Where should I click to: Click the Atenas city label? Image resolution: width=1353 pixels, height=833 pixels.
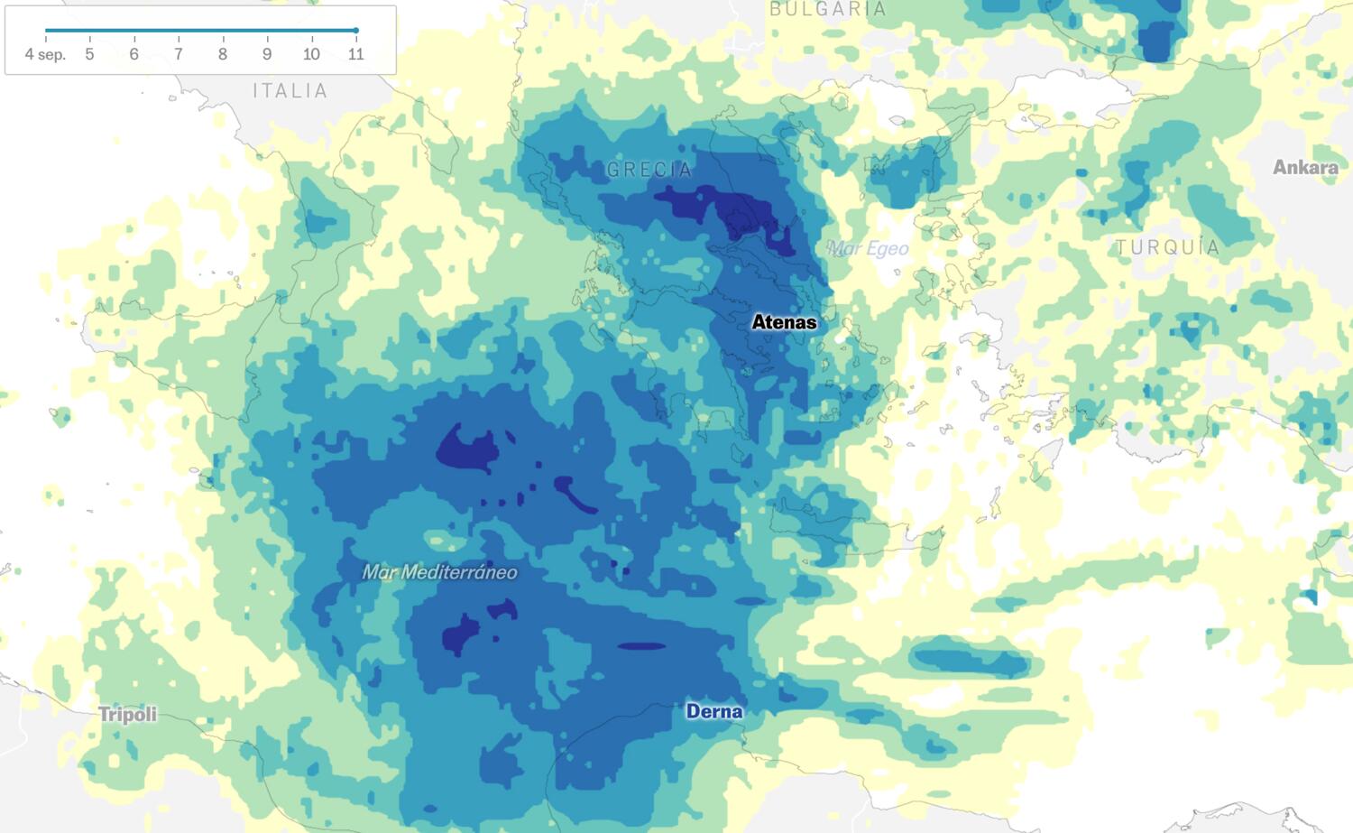point(784,322)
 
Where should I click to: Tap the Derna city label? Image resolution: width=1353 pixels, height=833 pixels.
point(714,711)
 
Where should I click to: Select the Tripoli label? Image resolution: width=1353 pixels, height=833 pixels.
point(127,715)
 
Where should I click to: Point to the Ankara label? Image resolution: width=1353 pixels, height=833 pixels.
point(1305,167)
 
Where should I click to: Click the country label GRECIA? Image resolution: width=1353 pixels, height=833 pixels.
point(649,170)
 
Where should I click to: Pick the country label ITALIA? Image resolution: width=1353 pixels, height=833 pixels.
point(290,90)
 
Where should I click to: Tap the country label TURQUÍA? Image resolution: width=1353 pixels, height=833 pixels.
point(1167,247)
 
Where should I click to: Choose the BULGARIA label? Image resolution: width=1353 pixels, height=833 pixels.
point(828,9)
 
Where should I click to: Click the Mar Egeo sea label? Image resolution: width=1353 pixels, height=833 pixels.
point(868,248)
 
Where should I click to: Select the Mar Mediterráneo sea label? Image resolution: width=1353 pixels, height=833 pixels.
point(439,572)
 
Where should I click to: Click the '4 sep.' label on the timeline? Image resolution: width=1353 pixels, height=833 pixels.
point(45,54)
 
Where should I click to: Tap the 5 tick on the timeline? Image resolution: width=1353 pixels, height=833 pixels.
point(89,54)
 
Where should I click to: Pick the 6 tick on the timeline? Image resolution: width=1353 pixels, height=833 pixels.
point(133,54)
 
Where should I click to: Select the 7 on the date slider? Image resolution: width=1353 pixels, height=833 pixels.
point(179,54)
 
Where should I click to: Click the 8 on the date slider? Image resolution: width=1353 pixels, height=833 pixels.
point(223,54)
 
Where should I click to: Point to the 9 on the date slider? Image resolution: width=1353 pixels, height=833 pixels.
point(267,54)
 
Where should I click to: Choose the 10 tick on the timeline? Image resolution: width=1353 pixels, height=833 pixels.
point(311,54)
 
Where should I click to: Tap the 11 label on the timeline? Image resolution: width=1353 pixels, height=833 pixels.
point(356,54)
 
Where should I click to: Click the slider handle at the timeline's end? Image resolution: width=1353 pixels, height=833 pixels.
point(356,31)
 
